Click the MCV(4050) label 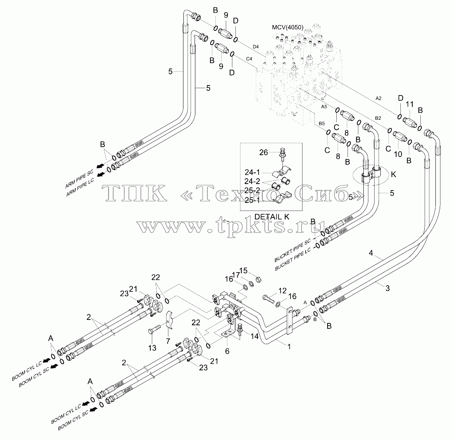(x=288, y=27)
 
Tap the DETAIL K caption (x=272, y=217)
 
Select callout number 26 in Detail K (x=264, y=152)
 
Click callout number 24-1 (x=252, y=172)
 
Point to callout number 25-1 (x=252, y=200)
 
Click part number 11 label (x=410, y=104)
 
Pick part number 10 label (x=398, y=154)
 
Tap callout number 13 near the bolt (x=152, y=348)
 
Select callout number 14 (x=255, y=336)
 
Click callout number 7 (x=168, y=341)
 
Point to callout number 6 (x=227, y=351)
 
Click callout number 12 (x=282, y=291)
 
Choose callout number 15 (x=244, y=270)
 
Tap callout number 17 (x=236, y=275)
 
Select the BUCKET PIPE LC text (x=293, y=259)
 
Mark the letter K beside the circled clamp (x=393, y=174)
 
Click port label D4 (x=256, y=47)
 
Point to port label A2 (x=378, y=99)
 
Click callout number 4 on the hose (x=371, y=253)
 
